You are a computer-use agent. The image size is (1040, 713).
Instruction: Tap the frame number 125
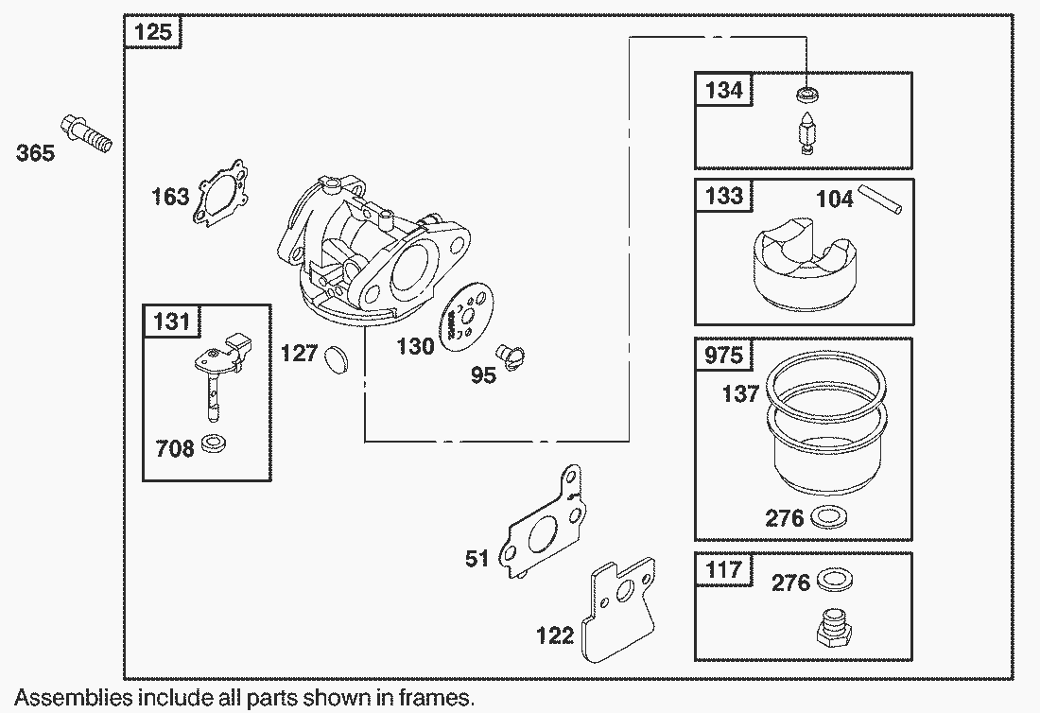point(153,33)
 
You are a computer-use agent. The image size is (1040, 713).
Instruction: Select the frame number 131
point(171,322)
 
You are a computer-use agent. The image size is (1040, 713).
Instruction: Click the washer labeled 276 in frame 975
point(830,516)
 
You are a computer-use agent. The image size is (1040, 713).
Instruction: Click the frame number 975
point(724,355)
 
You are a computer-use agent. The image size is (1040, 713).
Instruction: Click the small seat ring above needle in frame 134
point(806,94)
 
